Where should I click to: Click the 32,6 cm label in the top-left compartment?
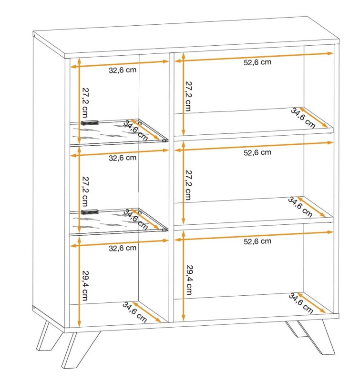pyautogui.click(x=123, y=70)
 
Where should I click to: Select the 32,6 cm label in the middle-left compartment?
pyautogui.click(x=123, y=158)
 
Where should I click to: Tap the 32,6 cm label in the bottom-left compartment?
pyautogui.click(x=123, y=248)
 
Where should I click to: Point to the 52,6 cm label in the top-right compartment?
pyautogui.click(x=257, y=62)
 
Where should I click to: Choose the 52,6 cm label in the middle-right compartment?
pyautogui.click(x=257, y=152)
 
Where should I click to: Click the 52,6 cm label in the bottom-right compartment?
pyautogui.click(x=257, y=241)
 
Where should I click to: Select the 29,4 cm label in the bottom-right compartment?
pyautogui.click(x=189, y=280)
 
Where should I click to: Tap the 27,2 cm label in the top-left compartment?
pyautogui.click(x=85, y=102)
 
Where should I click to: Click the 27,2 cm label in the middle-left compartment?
pyautogui.click(x=85, y=191)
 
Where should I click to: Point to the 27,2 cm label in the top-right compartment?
pyautogui.click(x=188, y=96)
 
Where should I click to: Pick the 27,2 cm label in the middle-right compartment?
pyautogui.click(x=188, y=185)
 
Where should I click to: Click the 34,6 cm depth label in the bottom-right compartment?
pyautogui.click(x=301, y=303)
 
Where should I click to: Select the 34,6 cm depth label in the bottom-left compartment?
pyautogui.click(x=134, y=312)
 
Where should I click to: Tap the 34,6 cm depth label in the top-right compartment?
pyautogui.click(x=303, y=118)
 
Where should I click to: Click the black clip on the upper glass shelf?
pyautogui.click(x=90, y=123)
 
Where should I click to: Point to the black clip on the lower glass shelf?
pyautogui.click(x=90, y=212)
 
